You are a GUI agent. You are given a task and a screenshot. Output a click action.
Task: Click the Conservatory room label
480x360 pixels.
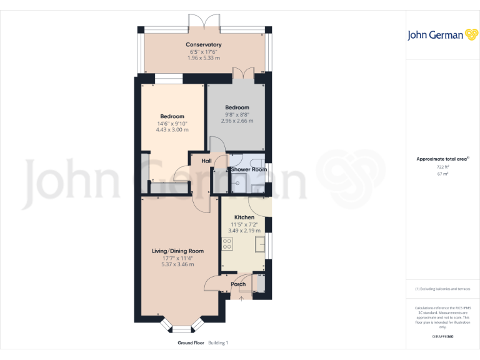[x=204, y=44]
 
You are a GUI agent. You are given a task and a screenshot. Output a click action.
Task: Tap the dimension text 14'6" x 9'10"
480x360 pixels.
[x=172, y=124]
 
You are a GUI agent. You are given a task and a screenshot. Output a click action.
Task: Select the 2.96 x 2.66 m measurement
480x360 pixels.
[x=237, y=121]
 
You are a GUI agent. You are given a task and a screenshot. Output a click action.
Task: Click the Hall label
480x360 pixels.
[x=206, y=161]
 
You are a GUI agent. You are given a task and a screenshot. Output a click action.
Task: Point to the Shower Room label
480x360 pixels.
[x=249, y=169]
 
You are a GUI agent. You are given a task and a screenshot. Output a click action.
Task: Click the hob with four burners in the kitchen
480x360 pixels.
[x=227, y=243]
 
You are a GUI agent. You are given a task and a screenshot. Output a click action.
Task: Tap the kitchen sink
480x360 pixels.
[x=260, y=242]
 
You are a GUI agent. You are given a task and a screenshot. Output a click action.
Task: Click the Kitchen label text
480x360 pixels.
[x=244, y=217]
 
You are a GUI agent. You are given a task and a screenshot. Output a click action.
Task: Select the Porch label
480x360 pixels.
[x=238, y=284]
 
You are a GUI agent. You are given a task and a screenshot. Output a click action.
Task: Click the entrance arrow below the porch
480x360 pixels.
[x=241, y=299]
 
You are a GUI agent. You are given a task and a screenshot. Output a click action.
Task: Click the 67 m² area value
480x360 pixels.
[x=442, y=174]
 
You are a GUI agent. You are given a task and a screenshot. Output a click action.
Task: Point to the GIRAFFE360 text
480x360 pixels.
[x=442, y=337]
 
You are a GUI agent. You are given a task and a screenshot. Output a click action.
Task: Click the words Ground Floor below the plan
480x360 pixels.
[x=191, y=343]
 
